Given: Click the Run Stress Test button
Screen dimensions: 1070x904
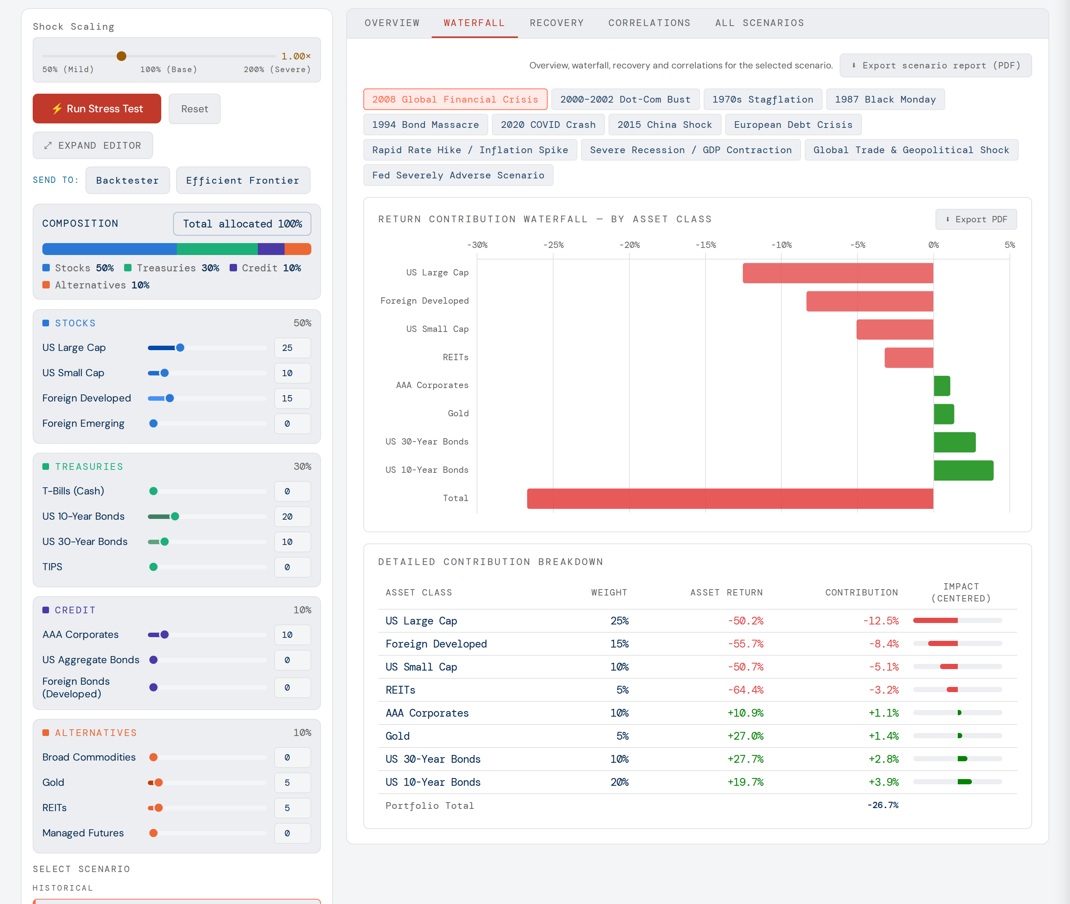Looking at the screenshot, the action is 97,109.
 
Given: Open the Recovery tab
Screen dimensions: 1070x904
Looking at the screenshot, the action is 557,23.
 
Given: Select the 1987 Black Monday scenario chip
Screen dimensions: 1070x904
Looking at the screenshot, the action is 885,99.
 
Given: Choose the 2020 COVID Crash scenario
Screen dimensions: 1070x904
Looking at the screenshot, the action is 548,125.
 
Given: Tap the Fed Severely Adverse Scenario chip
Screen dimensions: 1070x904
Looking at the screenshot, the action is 458,175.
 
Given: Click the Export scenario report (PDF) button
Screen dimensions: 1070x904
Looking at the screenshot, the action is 935,65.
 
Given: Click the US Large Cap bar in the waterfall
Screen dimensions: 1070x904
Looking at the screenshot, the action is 838,273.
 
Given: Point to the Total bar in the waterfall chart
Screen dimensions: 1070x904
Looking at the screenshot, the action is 730,498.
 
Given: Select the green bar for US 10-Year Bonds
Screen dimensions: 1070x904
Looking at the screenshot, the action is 963,471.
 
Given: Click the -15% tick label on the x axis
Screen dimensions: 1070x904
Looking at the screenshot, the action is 705,245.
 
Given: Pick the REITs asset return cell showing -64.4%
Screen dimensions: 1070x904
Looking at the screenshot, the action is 745,690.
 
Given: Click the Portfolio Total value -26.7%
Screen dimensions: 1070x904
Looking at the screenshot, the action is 882,805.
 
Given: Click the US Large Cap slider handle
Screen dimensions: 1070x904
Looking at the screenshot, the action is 180,348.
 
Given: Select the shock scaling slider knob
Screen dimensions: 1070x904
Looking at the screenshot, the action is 121,56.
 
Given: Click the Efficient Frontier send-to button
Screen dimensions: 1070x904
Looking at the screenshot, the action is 243,180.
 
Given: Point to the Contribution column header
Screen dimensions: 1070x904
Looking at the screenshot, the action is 862,593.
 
